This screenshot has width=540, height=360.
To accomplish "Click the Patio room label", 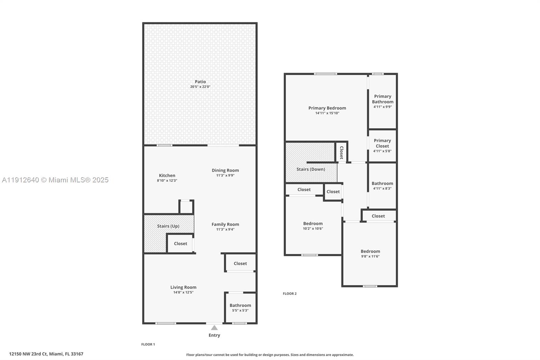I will (x=200, y=82).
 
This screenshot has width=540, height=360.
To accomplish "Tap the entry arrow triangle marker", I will (x=214, y=328).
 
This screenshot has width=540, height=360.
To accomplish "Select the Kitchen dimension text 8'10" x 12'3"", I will (x=167, y=181).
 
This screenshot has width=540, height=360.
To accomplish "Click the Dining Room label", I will (x=225, y=170).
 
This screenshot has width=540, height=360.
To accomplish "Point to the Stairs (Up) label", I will (x=168, y=226).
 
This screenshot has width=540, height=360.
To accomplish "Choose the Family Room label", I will (x=225, y=224).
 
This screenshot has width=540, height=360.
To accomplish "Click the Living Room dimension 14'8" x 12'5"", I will (x=183, y=292).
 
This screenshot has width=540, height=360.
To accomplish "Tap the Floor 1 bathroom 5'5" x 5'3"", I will (x=240, y=308).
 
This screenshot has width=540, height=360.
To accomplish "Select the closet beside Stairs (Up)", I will (x=181, y=243).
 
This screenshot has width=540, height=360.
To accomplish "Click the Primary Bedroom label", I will (x=327, y=108).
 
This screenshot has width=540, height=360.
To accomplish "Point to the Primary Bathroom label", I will (x=382, y=99).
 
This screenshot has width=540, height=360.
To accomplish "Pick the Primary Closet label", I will (x=382, y=143).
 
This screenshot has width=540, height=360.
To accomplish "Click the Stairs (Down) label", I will (x=310, y=169).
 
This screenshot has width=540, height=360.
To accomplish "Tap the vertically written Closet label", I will (x=341, y=153).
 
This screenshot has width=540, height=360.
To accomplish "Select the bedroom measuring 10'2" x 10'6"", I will (x=313, y=226).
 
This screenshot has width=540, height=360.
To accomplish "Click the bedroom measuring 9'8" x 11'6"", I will (x=370, y=253).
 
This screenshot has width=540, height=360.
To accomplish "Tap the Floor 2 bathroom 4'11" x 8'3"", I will (x=382, y=186).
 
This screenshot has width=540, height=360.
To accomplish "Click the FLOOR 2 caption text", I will (x=290, y=294).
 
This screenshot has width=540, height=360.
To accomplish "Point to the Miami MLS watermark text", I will (x=55, y=180).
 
